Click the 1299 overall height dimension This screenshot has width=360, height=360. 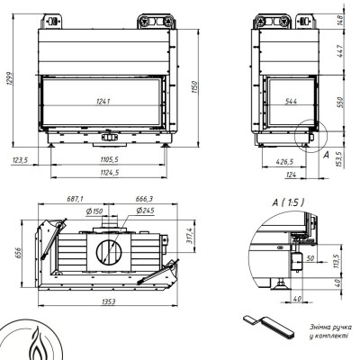pyautogui.click(x=9, y=78)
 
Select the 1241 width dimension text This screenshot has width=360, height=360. pyautogui.click(x=103, y=102)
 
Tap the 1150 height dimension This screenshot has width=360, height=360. pyautogui.click(x=195, y=87)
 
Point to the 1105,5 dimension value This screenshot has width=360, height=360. pyautogui.click(x=109, y=159)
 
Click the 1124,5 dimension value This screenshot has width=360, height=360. pyautogui.click(x=110, y=173)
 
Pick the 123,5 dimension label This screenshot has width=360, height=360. pyautogui.click(x=20, y=160)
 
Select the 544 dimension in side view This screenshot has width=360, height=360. pyautogui.click(x=291, y=102)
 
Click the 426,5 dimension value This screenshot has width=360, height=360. pyautogui.click(x=284, y=162)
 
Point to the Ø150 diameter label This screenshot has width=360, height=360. pyautogui.click(x=94, y=211)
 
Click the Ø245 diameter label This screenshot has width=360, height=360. pyautogui.click(x=145, y=211)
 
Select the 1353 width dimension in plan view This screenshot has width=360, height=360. pyautogui.click(x=108, y=301)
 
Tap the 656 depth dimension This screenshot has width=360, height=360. pyautogui.click(x=19, y=254)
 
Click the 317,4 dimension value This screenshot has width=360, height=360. pyautogui.click(x=189, y=236)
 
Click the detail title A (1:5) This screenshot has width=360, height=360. pyautogui.click(x=288, y=202)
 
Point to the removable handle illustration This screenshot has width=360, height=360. pyautogui.click(x=268, y=327)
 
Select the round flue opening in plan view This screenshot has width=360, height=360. pyautogui.click(x=109, y=251)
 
